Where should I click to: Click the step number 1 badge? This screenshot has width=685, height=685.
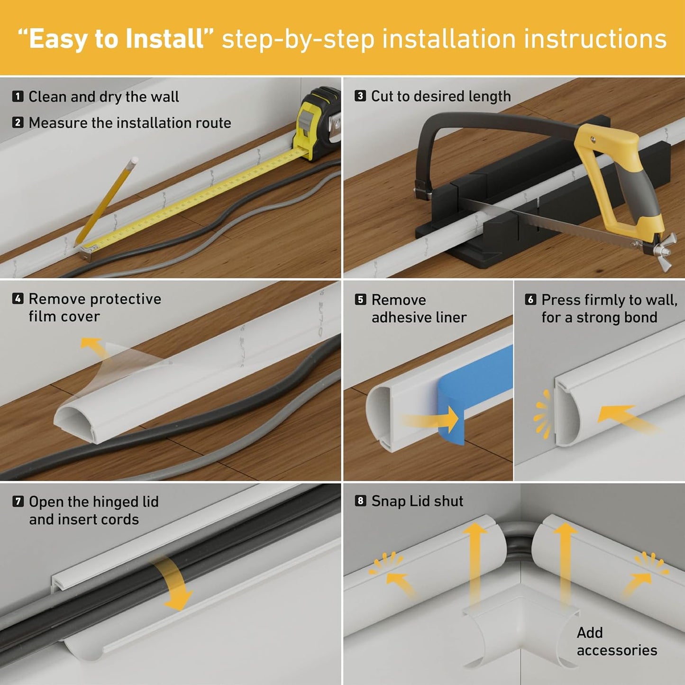tap(18, 97)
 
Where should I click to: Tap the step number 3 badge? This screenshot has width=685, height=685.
tap(360, 96)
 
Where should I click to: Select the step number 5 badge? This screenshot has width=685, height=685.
tap(360, 300)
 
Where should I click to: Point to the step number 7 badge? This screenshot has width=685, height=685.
tap(18, 502)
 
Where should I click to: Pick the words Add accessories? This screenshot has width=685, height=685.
tap(616, 641)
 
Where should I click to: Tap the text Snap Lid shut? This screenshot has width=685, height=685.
tap(417, 501)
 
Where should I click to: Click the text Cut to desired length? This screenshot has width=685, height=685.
tap(441, 96)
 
